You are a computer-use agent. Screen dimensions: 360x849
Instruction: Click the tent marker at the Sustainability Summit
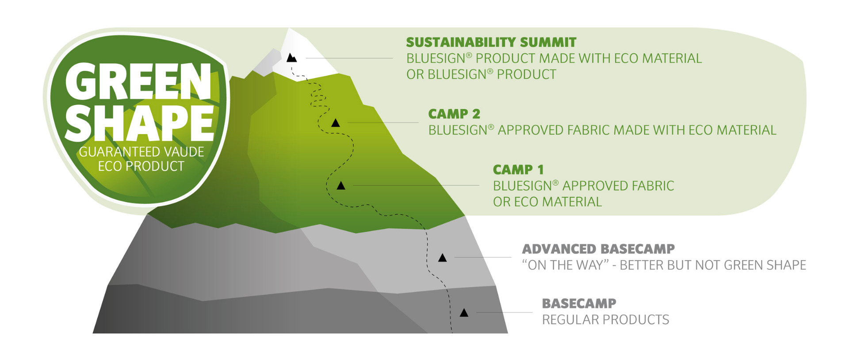coord(291,57)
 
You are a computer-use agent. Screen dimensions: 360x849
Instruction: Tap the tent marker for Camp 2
coord(336,123)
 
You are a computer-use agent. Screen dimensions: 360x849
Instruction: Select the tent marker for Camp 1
coord(341,186)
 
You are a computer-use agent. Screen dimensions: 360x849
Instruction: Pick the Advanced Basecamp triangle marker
coord(442,258)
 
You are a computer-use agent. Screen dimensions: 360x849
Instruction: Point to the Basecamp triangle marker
coord(464,313)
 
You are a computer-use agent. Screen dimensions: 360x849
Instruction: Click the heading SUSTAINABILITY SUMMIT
coord(491,42)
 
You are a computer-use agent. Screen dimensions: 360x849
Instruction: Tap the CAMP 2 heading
coord(454,114)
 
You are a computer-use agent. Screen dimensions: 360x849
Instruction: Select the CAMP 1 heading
coord(518,170)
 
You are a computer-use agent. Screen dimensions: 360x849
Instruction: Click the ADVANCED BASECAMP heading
coord(598,249)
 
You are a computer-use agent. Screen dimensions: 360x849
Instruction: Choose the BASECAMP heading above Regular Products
coord(579,304)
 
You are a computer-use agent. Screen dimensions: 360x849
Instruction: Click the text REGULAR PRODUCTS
coord(605,320)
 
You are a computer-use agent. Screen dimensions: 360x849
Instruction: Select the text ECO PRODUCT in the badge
coord(141,166)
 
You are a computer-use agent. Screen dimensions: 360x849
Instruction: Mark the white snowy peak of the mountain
coord(305,53)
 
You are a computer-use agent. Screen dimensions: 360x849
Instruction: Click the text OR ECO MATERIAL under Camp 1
coord(547,202)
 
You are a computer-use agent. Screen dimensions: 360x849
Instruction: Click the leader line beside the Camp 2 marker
coord(383,123)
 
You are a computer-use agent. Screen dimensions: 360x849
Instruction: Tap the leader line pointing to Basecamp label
coord(504,313)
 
